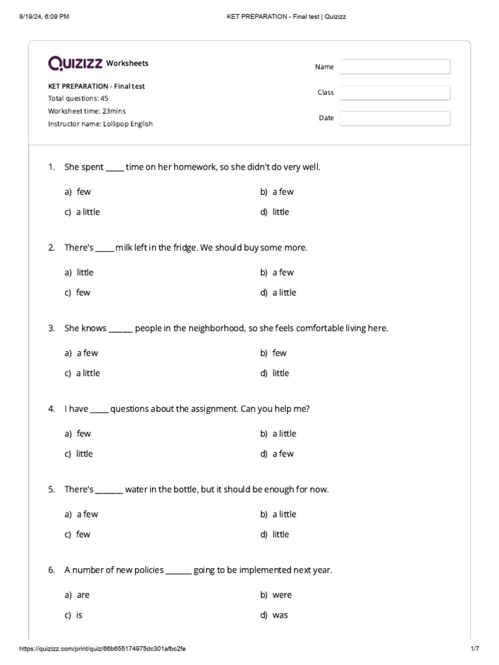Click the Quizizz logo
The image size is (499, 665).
[x=75, y=63]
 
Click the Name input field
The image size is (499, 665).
[x=395, y=67]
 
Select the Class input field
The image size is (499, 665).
[x=395, y=93]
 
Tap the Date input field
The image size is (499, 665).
[x=395, y=118]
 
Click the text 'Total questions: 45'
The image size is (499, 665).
[x=78, y=99]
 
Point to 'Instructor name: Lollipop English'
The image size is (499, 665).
[x=100, y=123]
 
